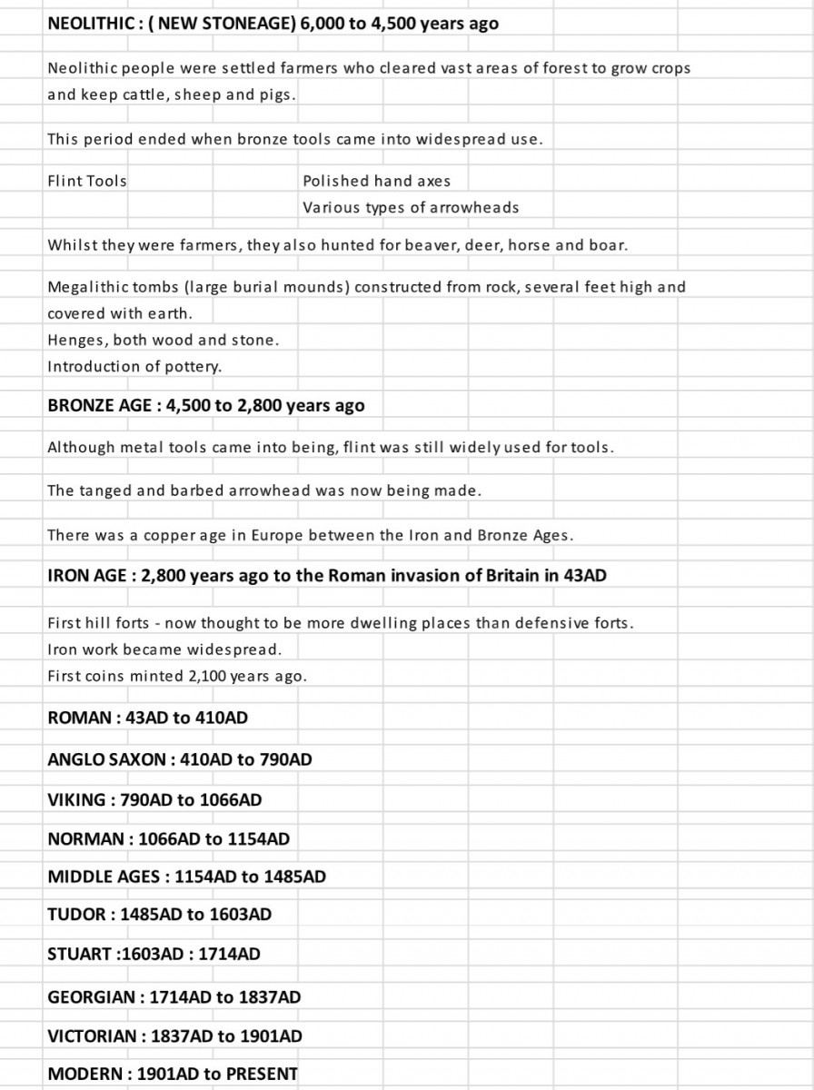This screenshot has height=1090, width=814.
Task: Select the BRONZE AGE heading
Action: pos(205,406)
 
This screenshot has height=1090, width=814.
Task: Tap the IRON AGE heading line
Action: pos(326,576)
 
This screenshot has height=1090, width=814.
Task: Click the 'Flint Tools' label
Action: pos(87,181)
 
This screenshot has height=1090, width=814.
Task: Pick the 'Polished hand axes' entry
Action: pos(376,181)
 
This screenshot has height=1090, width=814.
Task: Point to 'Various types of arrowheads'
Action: pos(411,207)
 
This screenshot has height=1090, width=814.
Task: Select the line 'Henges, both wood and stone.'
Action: pos(164,341)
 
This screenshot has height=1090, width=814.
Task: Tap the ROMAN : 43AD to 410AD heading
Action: pos(147,718)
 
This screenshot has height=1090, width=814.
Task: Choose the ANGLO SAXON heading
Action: pos(179,759)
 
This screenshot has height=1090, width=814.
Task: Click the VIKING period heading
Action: pos(154,800)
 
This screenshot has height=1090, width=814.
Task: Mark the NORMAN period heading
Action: pos(168,839)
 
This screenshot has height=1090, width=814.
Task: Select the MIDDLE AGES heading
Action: pos(186,877)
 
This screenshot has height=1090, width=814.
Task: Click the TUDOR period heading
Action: pos(159,915)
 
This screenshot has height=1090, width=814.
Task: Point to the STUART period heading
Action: pos(154,955)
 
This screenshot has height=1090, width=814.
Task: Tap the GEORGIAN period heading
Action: pos(174,997)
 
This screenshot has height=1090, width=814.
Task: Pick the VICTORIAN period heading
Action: pos(174,1036)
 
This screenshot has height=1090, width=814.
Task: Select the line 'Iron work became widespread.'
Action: pos(164,649)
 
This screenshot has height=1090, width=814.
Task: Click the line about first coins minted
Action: pos(177,677)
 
